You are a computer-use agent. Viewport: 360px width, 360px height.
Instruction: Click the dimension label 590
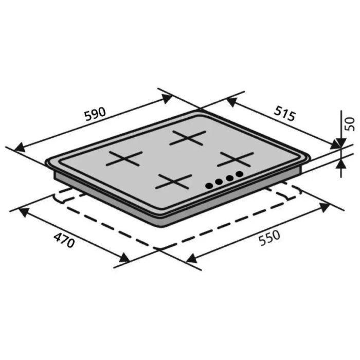[x=95, y=114]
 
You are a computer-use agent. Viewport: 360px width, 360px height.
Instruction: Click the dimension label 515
[x=284, y=113]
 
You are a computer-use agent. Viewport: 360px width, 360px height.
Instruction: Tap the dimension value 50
[x=349, y=124]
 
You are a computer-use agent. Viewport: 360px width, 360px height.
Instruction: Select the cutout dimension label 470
[x=64, y=240]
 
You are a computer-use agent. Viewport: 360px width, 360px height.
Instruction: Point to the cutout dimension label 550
[x=269, y=238]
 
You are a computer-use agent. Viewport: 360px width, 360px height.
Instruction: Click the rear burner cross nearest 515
[x=188, y=138]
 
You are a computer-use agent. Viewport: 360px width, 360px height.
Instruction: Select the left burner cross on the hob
[x=124, y=158]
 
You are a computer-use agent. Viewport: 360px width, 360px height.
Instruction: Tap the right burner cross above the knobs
[x=236, y=159]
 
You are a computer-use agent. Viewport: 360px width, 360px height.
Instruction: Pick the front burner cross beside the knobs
[x=174, y=182]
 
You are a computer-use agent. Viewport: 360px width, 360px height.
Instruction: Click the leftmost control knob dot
[x=209, y=186]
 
